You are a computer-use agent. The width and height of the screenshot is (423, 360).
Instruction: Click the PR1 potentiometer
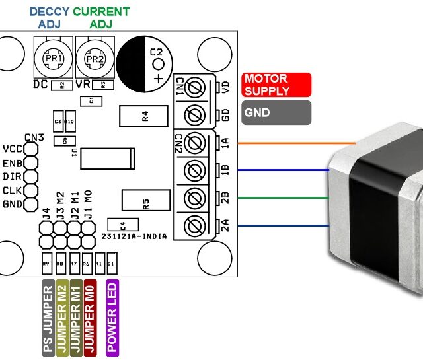[x=52, y=57]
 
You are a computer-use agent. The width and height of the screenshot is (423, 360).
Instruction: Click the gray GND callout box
[x=277, y=112]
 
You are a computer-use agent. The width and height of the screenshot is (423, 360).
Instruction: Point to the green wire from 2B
[x=278, y=198]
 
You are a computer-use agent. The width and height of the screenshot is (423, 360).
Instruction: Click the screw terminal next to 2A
[x=195, y=226]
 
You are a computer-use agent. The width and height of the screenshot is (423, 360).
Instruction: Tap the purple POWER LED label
[x=112, y=316]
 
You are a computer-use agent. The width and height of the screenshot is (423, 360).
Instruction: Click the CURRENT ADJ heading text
[x=100, y=18]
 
